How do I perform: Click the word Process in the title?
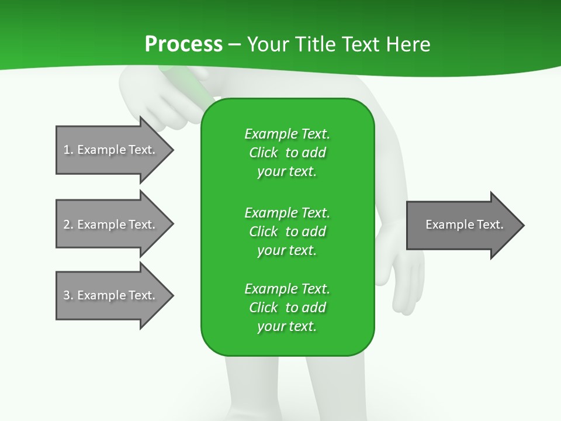(183, 44)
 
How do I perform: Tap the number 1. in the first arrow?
(68, 150)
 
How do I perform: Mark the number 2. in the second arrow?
(68, 225)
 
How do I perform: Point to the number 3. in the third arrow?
(68, 295)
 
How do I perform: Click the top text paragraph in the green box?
(287, 153)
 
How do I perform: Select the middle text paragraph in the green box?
(287, 231)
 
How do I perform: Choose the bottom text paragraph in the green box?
(287, 308)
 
